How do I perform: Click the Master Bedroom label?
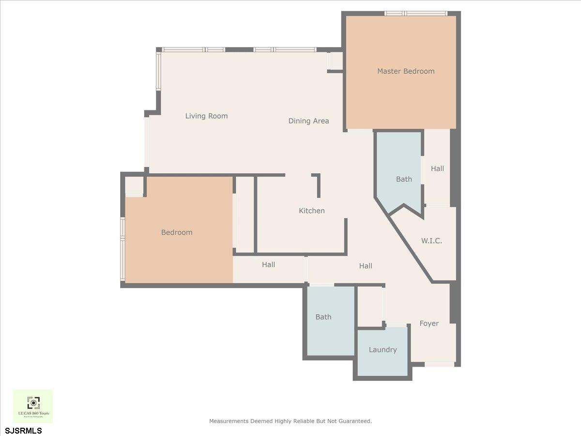click(x=406, y=71)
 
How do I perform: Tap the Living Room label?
click(x=206, y=116)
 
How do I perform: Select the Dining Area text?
click(x=308, y=121)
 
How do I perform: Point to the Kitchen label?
click(x=311, y=211)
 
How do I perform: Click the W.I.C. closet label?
click(x=431, y=240)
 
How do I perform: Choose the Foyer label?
click(x=429, y=323)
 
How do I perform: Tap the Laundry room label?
click(x=382, y=349)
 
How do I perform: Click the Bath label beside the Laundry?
click(x=323, y=317)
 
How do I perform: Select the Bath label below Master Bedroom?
click(x=404, y=179)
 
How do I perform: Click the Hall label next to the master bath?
click(x=437, y=169)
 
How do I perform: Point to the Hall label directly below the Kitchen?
click(x=268, y=265)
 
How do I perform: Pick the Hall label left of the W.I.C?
click(x=366, y=265)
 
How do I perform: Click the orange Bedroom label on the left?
click(x=177, y=233)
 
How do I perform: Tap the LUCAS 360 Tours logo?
click(x=33, y=406)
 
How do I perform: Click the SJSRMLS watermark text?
click(x=24, y=430)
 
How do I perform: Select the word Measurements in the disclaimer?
click(x=229, y=421)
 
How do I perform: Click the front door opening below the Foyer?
click(x=440, y=364)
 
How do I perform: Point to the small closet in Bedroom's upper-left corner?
click(x=134, y=186)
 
